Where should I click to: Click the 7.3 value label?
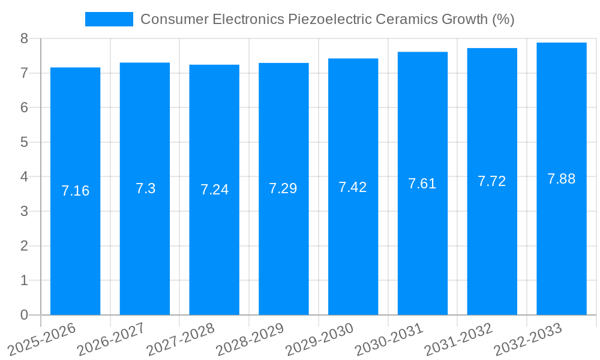coord(145,188)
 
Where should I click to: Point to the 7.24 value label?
coord(214,190)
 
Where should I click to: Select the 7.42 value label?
coord(353,187)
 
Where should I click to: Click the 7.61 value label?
coord(422,184)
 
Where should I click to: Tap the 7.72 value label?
coord(492,181)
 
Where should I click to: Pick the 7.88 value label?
coord(562,179)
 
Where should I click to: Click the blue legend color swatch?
coord(109,19)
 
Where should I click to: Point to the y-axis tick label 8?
coord(24,38)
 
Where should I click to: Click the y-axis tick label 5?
coord(24,142)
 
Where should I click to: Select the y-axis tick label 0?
coord(24,315)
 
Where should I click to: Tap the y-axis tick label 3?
coord(24,211)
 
